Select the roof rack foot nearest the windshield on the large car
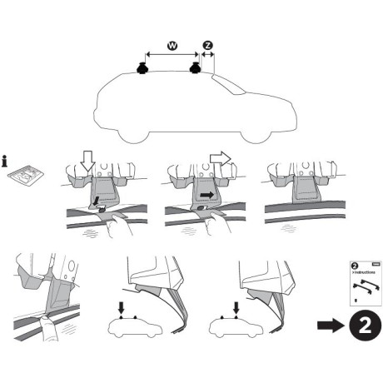tap(197, 70)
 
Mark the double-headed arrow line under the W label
tap(171, 54)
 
